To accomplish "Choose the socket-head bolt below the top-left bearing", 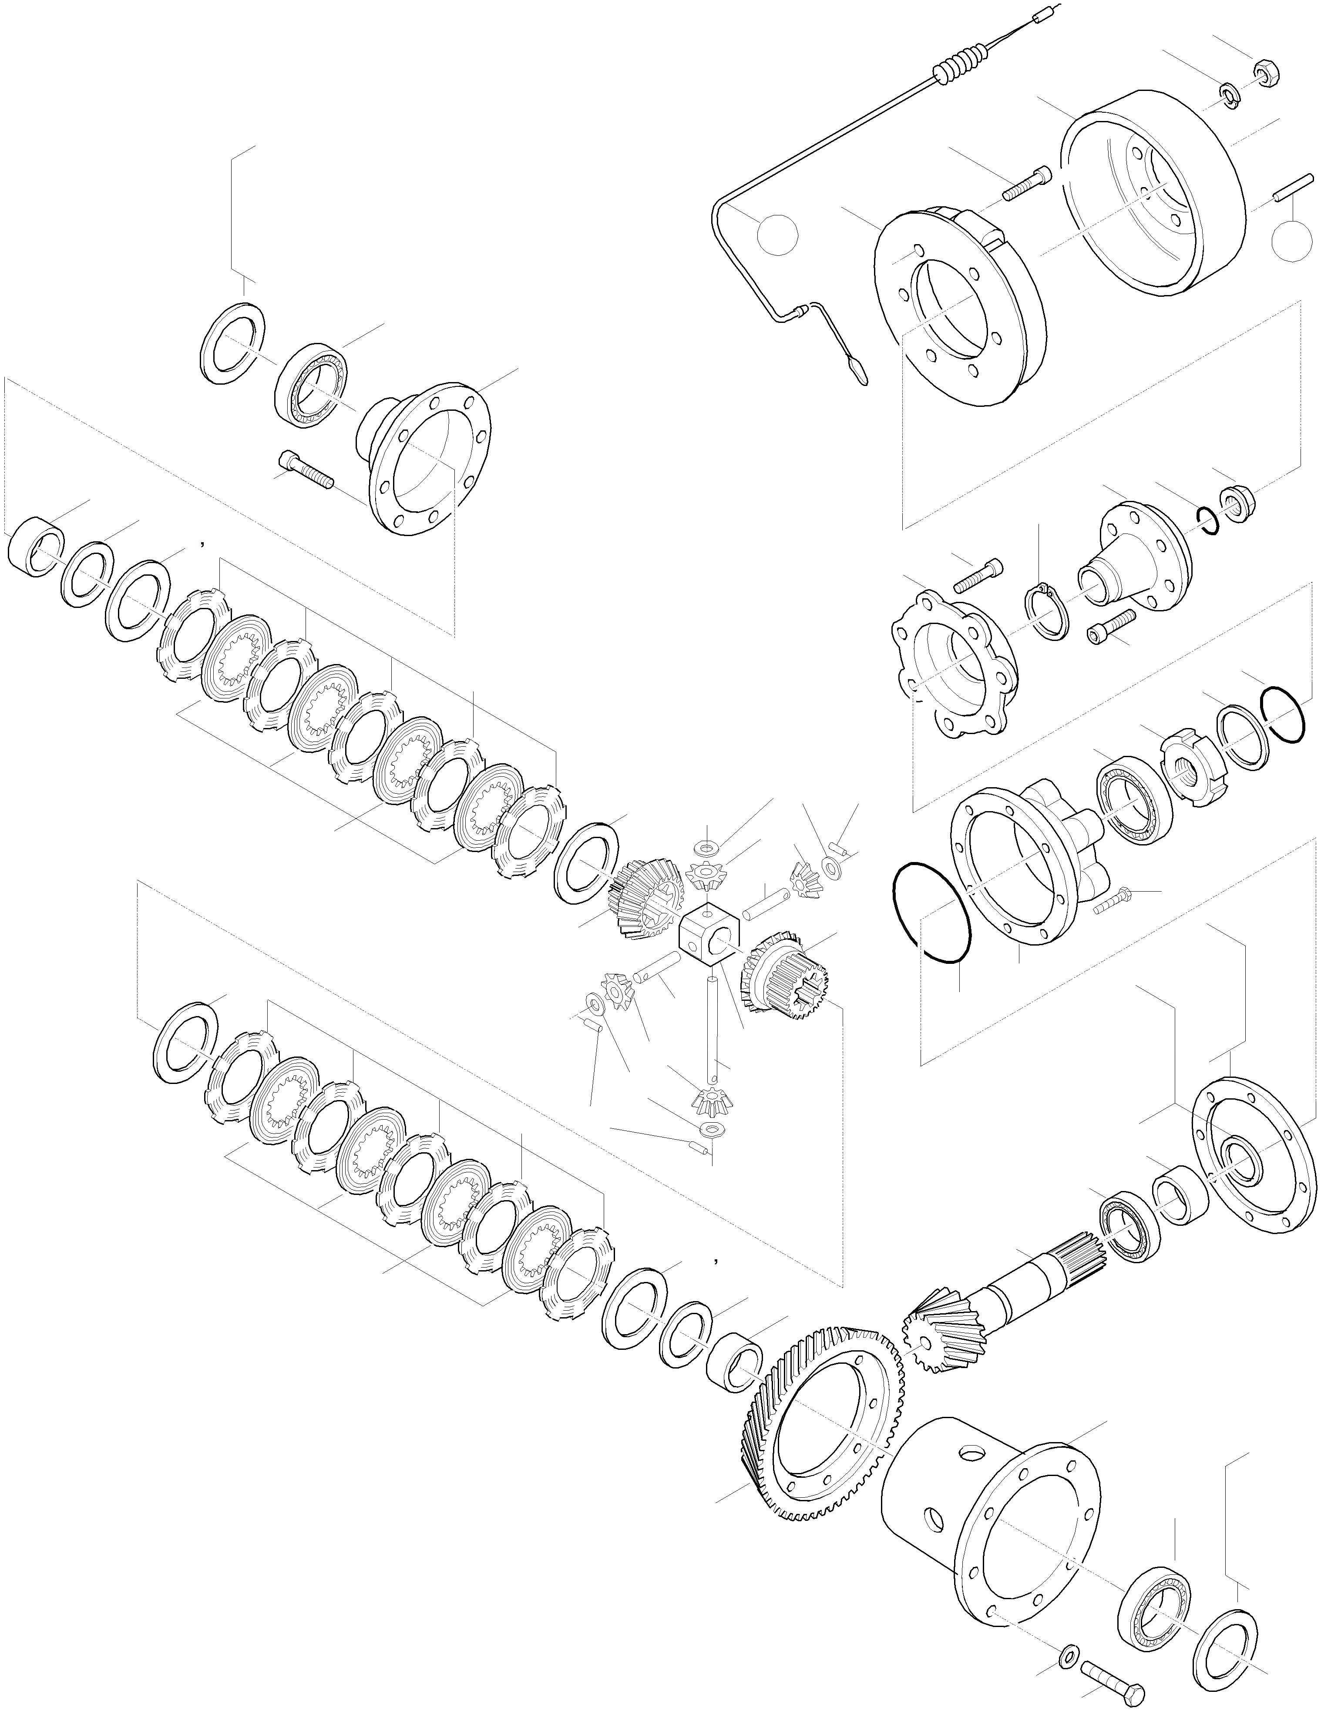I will coord(306,470).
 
